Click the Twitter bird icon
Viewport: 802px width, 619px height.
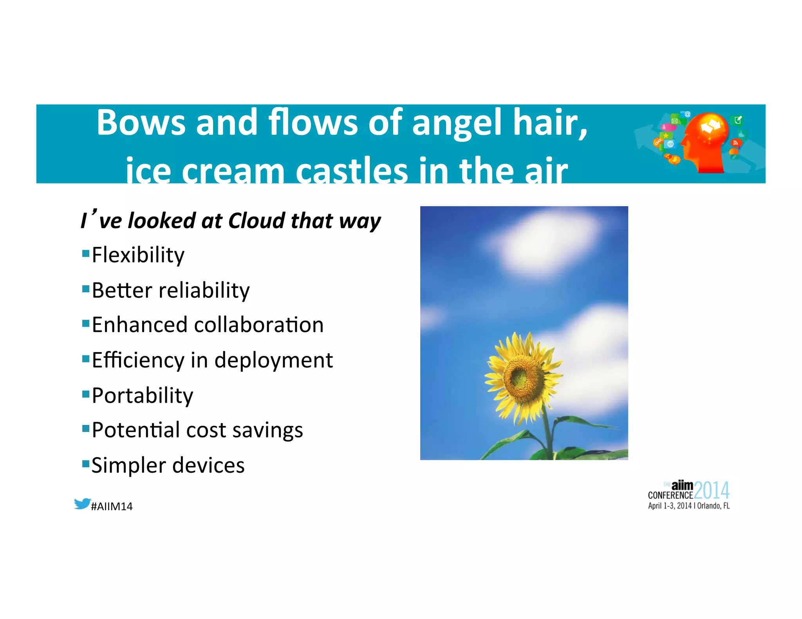[82, 504]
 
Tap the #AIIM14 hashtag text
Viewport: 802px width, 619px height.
[112, 507]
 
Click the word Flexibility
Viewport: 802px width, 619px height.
[138, 255]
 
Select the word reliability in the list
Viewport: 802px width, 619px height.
[204, 290]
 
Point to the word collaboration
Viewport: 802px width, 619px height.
[259, 325]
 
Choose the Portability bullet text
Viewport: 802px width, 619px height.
[143, 396]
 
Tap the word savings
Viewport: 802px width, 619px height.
[267, 430]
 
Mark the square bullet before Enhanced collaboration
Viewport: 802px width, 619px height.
[86, 324]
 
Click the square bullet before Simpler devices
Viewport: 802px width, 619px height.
[86, 464]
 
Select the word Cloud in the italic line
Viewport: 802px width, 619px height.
[256, 221]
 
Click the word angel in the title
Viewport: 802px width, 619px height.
[457, 123]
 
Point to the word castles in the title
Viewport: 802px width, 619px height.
[352, 171]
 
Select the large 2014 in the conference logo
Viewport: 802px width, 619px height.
[712, 491]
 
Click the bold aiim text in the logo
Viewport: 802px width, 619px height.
[682, 486]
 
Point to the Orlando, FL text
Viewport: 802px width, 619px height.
[713, 506]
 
